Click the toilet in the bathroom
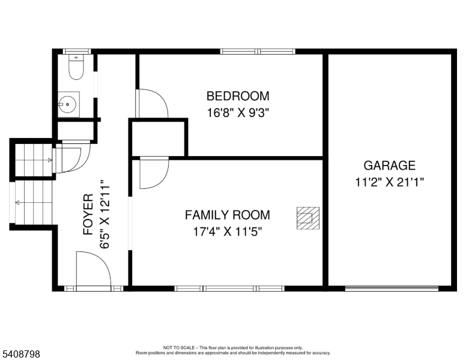point(76,68)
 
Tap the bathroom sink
point(68,104)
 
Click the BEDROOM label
point(238,96)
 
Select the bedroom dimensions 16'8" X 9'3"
point(238,112)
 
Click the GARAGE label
point(389,166)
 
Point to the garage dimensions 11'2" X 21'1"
point(389,182)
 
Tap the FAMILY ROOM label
point(227,215)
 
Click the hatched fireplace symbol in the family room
point(307,218)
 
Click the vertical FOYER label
point(88,214)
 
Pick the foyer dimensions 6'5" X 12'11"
point(106,214)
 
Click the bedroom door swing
point(151,103)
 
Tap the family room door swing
point(153,173)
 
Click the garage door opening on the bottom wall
point(392,288)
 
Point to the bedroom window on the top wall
point(258,52)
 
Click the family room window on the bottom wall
point(229,289)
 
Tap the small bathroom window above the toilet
point(76,52)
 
